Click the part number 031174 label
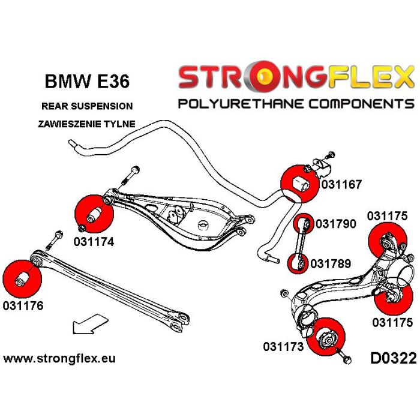(94, 243)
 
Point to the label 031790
(334, 225)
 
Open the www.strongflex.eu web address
(59, 359)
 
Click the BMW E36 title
(86, 80)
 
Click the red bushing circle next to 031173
(328, 337)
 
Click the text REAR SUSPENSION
(87, 106)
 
